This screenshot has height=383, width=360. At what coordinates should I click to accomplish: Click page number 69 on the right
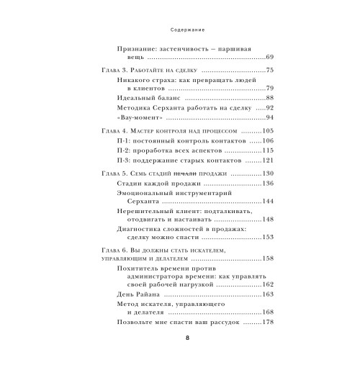click(269, 56)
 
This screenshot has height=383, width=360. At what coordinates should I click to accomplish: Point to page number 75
click(270, 71)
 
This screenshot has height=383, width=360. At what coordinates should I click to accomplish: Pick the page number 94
click(270, 118)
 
